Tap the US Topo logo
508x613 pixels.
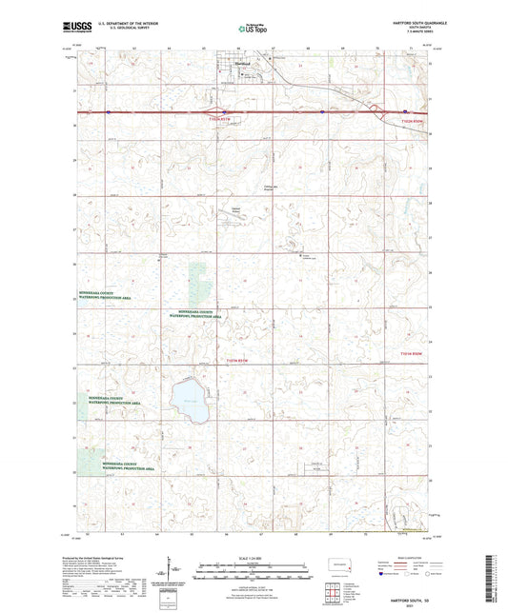tap(251, 30)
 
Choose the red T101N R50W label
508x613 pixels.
tap(408, 355)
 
